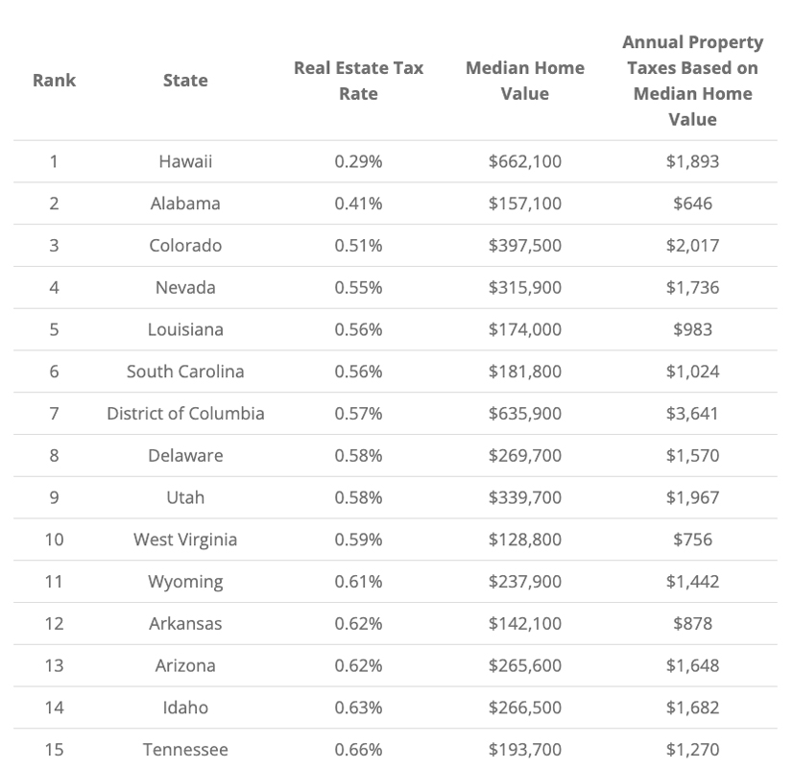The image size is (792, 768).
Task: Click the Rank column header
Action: pos(54,81)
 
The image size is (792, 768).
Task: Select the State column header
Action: pos(185,81)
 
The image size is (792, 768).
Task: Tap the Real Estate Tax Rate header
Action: pos(358,81)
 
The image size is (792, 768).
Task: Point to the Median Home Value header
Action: pos(524,81)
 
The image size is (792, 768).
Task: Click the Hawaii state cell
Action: pos(185,161)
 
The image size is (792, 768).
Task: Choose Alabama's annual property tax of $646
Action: pos(692,204)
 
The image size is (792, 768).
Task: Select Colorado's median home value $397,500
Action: pos(524,246)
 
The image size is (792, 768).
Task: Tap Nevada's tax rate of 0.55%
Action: pos(358,288)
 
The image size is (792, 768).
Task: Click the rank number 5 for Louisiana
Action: pos(54,329)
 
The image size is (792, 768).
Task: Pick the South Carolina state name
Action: pos(185,372)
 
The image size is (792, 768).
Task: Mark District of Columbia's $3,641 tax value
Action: pos(692,414)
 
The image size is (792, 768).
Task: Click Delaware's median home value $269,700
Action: pos(524,456)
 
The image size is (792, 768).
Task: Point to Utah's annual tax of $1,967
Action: pos(692,497)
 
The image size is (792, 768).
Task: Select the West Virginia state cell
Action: pos(185,540)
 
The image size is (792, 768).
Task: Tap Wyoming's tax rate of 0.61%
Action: pos(358,582)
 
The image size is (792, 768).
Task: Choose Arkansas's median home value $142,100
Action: pos(524,624)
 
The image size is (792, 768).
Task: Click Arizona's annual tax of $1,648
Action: pos(692,665)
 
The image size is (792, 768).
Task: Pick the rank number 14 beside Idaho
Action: pos(54,708)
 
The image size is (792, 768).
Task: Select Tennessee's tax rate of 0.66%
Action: pos(358,750)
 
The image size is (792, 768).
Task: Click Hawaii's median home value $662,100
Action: pos(524,161)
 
